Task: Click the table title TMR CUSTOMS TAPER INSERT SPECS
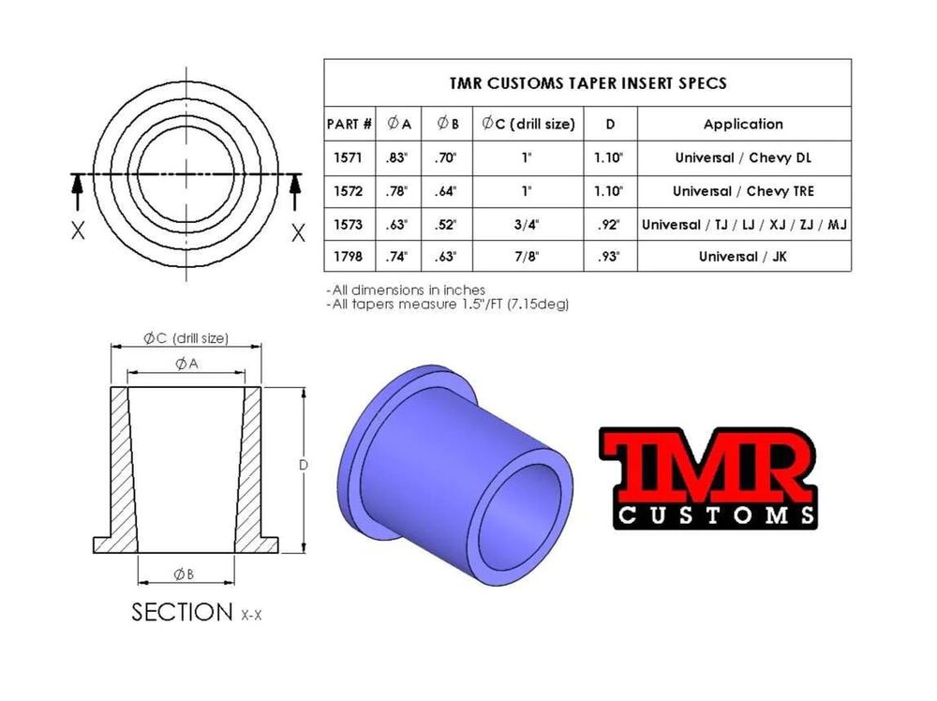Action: pyautogui.click(x=587, y=82)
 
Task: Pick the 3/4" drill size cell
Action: pyautogui.click(x=528, y=225)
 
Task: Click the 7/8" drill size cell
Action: pyautogui.click(x=528, y=257)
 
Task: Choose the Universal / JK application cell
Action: pyautogui.click(x=743, y=257)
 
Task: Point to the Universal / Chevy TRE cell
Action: pyautogui.click(x=743, y=191)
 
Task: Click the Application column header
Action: pyautogui.click(x=743, y=124)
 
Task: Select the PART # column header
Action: pyautogui.click(x=350, y=124)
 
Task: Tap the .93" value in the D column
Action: pyautogui.click(x=609, y=257)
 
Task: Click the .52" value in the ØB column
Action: pyautogui.click(x=447, y=225)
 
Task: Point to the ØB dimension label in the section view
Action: pyautogui.click(x=185, y=574)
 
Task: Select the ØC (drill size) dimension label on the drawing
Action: pyautogui.click(x=186, y=338)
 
